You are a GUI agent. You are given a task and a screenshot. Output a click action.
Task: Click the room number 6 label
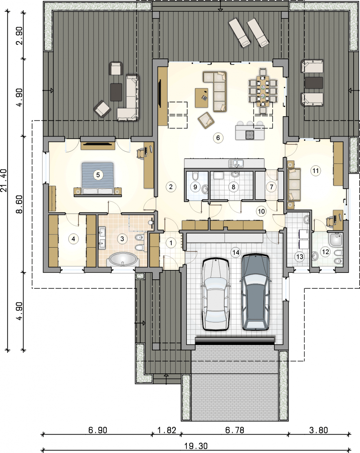[x=218, y=138]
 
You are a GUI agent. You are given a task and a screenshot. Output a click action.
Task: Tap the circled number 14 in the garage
[x=235, y=252]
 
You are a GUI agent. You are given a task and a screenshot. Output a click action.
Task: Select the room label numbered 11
[x=315, y=171]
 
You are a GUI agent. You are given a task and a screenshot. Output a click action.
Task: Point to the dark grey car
[x=255, y=292]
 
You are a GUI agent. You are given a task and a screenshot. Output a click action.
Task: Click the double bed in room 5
[x=98, y=179]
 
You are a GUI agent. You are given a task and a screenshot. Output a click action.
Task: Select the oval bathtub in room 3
[x=123, y=259]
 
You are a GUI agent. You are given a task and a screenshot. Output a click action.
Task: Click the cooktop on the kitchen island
[x=250, y=135]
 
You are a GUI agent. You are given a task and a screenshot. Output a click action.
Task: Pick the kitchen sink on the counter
[x=236, y=163]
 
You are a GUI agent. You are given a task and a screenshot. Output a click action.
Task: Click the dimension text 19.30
[x=196, y=445]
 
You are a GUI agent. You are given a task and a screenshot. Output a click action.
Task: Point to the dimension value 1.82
[x=167, y=430]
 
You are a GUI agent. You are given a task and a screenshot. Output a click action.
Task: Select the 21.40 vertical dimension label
[x=4, y=180]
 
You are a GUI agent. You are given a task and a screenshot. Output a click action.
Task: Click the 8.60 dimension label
[x=19, y=204]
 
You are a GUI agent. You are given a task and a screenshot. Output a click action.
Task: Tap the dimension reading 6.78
[x=235, y=430]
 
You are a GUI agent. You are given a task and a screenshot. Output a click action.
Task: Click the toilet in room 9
[x=195, y=175]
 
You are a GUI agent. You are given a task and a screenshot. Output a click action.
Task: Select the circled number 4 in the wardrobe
[x=73, y=239]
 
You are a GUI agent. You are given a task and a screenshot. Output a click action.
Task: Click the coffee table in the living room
[x=202, y=98]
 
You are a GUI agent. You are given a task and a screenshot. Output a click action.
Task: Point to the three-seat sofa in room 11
[x=294, y=185]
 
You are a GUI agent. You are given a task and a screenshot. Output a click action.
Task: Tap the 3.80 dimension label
[x=318, y=430]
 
